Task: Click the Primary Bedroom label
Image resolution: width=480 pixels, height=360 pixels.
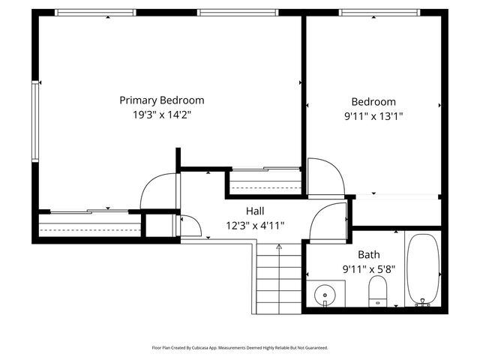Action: tap(162, 100)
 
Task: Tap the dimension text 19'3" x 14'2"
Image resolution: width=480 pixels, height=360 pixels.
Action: tap(162, 115)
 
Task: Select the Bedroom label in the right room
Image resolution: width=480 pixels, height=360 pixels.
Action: tap(373, 102)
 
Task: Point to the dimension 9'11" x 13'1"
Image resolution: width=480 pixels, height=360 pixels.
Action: tap(373, 116)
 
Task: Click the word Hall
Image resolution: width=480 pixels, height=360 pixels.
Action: tap(255, 211)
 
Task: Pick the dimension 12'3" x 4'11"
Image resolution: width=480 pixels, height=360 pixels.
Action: tap(255, 225)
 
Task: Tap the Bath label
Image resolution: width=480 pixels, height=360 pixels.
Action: tap(368, 254)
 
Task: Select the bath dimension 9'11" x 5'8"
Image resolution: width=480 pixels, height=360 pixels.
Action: tap(368, 268)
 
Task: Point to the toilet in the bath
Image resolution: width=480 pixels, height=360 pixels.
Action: tap(378, 291)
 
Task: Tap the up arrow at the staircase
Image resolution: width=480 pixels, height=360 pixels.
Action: tap(279, 246)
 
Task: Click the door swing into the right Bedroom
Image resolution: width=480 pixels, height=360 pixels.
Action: tap(325, 176)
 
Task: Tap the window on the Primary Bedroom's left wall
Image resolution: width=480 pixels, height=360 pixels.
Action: tap(34, 120)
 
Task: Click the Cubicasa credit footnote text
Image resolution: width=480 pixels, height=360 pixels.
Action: tap(240, 348)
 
